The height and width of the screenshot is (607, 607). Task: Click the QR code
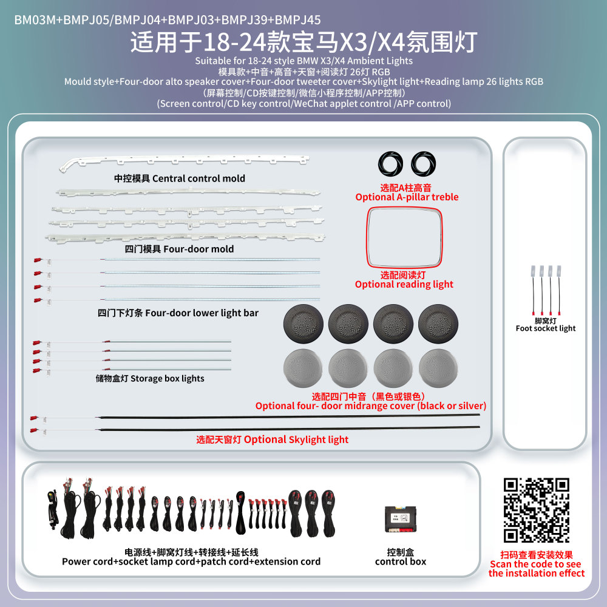tap(536, 510)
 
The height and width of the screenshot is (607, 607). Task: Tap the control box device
tap(400, 519)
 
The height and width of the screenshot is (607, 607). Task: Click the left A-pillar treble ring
tap(390, 163)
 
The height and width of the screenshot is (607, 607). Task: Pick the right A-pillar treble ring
tap(423, 163)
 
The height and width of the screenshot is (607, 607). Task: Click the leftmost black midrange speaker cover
tap(303, 324)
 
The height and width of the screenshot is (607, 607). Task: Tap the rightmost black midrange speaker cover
tap(438, 324)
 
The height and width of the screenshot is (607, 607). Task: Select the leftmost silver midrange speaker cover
tap(303, 368)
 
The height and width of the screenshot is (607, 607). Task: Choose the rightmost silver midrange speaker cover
tap(438, 368)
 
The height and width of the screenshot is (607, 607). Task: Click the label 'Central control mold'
tap(198, 178)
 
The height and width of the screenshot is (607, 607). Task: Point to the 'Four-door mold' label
tap(198, 249)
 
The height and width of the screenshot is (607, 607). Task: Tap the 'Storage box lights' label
tap(168, 378)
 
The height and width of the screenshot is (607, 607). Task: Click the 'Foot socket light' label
tap(546, 328)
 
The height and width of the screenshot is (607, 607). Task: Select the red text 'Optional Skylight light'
tap(296, 439)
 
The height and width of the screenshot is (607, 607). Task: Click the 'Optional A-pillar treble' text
tap(407, 197)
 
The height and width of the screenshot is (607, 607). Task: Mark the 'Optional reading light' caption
tap(404, 285)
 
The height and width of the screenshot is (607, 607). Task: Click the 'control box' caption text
tap(400, 561)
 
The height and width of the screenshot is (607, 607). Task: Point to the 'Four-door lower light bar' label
tap(202, 313)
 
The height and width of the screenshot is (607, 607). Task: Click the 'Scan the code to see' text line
tap(535, 564)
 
